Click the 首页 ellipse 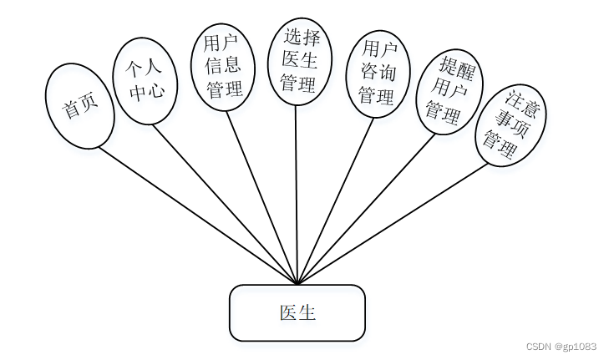[x=79, y=106]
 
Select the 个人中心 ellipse [x=145, y=81]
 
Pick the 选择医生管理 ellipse [x=300, y=62]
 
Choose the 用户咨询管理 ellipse [x=378, y=74]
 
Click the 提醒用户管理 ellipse [x=449, y=92]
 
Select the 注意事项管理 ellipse [x=510, y=125]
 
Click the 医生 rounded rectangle [x=297, y=313]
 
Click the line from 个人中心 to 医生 [x=225, y=205]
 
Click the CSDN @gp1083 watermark [x=561, y=347]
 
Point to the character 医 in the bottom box [x=288, y=313]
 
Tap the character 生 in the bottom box [x=307, y=313]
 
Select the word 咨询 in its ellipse [x=378, y=74]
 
